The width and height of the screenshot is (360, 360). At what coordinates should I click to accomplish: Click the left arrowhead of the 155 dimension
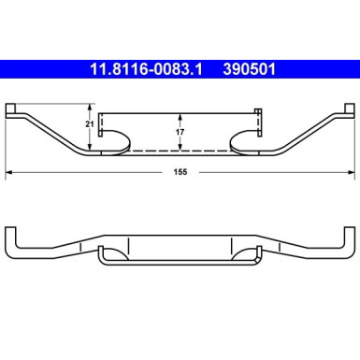(9, 173)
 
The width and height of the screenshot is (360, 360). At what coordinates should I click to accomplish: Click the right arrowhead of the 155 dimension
(351, 173)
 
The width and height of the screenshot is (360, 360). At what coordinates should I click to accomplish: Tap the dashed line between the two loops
(180, 151)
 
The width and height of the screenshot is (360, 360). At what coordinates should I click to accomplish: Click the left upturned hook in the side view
(9, 238)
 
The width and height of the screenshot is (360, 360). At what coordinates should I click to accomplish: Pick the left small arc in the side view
(113, 253)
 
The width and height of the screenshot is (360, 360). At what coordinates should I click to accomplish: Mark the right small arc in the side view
(248, 253)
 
